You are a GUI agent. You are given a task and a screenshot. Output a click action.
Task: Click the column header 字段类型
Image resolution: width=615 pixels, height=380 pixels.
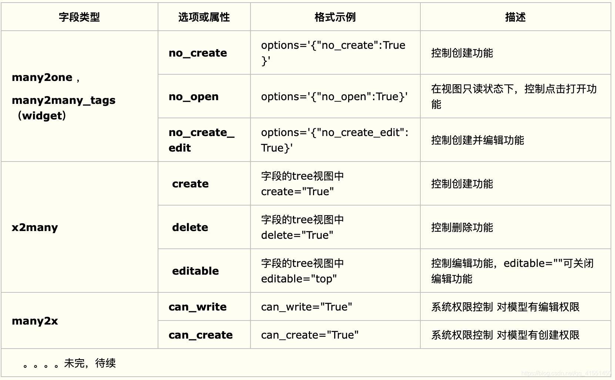(79, 17)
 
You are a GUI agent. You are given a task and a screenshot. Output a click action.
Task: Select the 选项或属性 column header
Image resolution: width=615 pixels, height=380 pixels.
(204, 17)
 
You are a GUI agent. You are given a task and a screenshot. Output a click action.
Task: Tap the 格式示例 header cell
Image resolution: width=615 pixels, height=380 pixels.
(335, 17)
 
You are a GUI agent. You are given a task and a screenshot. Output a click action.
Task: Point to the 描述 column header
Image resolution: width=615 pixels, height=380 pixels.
(515, 17)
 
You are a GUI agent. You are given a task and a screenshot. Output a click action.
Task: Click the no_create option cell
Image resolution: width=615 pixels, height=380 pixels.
(198, 53)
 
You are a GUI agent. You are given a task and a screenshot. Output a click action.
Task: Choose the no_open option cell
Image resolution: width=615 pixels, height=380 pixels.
(194, 96)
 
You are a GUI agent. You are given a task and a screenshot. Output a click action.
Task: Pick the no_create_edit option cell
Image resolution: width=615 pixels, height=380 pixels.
(201, 140)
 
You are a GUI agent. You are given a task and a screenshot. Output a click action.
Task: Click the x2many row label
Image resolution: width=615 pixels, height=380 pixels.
(35, 227)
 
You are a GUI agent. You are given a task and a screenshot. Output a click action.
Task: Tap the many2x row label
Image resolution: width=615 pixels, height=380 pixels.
(35, 320)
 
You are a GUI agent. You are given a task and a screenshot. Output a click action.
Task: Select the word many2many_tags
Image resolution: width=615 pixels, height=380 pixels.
(64, 100)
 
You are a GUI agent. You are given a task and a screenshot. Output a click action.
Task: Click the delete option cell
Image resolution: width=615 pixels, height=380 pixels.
(190, 227)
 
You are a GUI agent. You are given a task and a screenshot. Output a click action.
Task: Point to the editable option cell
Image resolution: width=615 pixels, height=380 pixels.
(195, 271)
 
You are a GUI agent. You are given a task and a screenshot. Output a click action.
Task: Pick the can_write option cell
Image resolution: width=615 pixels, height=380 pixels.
(198, 307)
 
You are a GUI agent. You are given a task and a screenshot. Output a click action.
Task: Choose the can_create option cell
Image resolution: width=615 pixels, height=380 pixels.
(201, 335)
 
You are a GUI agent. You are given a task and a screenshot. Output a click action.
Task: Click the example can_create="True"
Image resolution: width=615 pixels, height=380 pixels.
(310, 335)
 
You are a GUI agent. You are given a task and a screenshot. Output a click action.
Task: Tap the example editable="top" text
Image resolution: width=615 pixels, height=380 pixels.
(299, 279)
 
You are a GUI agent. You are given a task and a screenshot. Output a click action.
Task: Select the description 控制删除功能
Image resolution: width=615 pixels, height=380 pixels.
(462, 227)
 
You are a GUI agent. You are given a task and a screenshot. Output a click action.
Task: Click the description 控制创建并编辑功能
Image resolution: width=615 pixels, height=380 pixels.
(477, 140)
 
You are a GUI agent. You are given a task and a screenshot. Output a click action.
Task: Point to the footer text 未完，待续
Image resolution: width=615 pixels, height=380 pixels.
(90, 363)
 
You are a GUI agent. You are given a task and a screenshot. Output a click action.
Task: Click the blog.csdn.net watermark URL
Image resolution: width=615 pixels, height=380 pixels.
(566, 373)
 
